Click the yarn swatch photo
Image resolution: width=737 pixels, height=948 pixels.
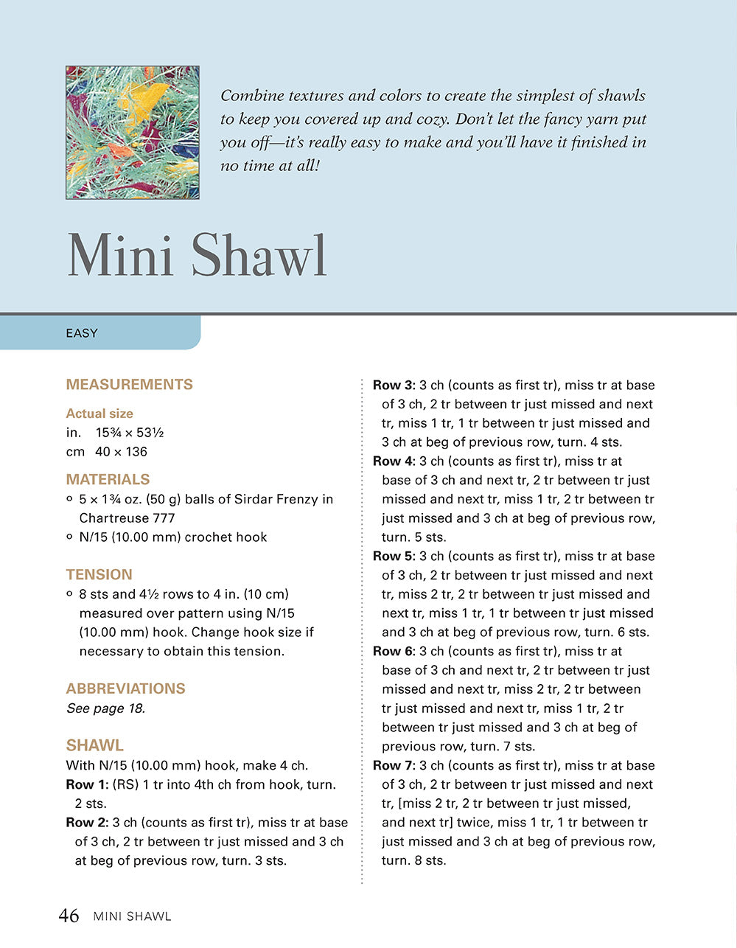(x=133, y=133)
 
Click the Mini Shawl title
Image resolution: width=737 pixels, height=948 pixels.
(x=197, y=256)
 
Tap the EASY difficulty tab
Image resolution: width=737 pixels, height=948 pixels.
(x=82, y=333)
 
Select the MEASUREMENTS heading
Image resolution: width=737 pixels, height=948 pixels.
(x=129, y=384)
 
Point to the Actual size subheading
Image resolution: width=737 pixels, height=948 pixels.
(x=99, y=414)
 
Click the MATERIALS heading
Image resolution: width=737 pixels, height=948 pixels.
(x=108, y=479)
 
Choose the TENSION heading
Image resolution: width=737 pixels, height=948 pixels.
(x=99, y=574)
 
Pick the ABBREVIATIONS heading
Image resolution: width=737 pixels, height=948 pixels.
(x=125, y=689)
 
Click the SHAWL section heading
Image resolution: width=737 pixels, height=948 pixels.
(x=94, y=745)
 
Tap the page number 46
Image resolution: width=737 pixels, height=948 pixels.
(x=69, y=916)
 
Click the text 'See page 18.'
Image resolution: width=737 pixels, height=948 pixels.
(x=105, y=708)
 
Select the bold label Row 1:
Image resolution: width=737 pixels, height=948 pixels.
(x=87, y=784)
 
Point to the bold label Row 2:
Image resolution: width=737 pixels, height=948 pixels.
(x=87, y=823)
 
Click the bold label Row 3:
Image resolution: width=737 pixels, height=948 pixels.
(x=394, y=385)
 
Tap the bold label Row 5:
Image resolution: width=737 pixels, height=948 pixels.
(x=394, y=556)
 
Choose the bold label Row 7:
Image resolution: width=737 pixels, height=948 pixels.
(x=394, y=765)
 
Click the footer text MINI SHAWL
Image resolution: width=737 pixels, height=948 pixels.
(x=132, y=916)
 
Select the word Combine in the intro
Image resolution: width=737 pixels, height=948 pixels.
(x=250, y=96)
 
